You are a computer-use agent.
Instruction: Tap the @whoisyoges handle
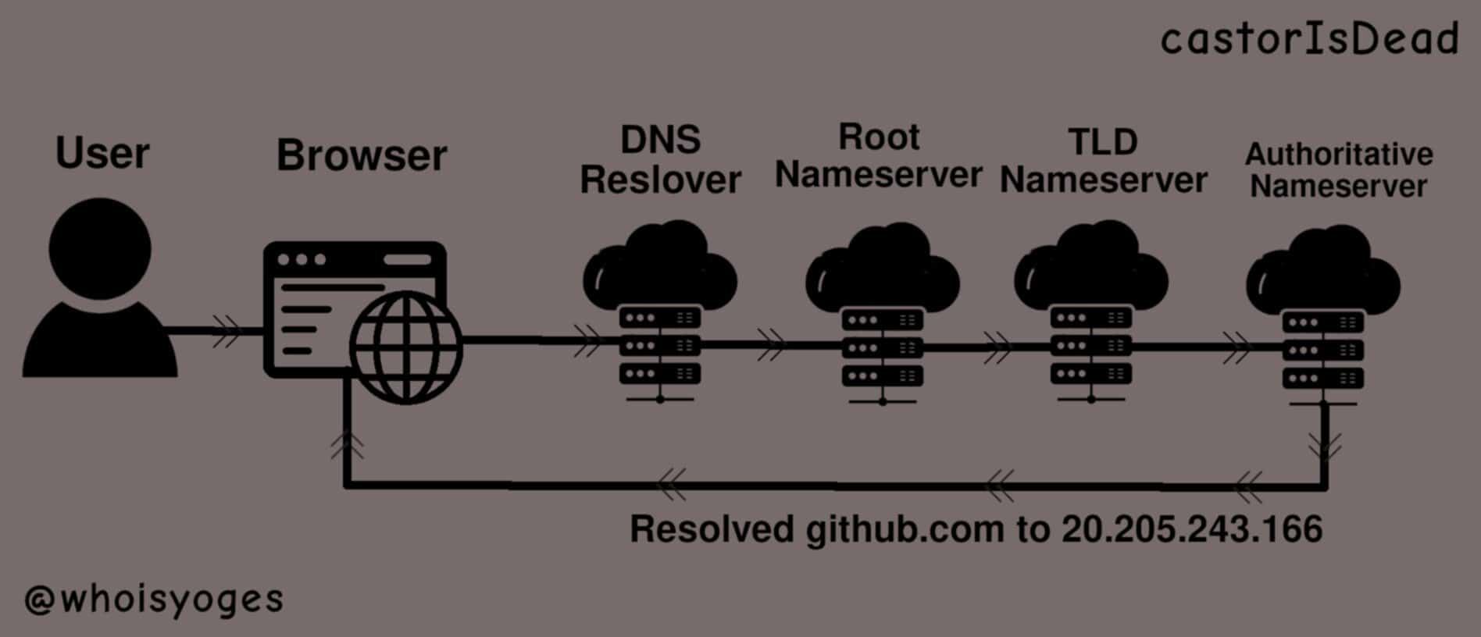click(154, 600)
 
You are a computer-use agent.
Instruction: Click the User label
click(102, 153)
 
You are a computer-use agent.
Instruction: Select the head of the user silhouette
click(100, 248)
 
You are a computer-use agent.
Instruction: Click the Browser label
click(362, 155)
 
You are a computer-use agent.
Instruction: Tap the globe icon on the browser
click(405, 348)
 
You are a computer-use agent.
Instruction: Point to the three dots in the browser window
click(302, 259)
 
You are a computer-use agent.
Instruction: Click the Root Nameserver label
click(879, 156)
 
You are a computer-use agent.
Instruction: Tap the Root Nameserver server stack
click(883, 348)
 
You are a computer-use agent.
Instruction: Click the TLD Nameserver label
click(1103, 161)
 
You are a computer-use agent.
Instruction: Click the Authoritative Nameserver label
click(1339, 170)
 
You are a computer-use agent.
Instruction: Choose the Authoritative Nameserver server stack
click(1322, 351)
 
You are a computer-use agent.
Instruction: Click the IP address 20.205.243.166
click(1192, 529)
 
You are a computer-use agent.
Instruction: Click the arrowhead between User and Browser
click(227, 332)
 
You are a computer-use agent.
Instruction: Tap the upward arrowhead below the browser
click(347, 446)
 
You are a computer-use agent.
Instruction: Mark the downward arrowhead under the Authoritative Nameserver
click(1325, 447)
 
